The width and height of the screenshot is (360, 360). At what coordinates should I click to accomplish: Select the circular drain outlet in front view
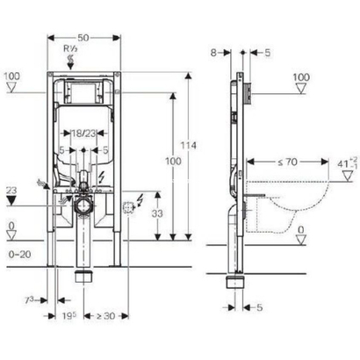(x=84, y=207)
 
